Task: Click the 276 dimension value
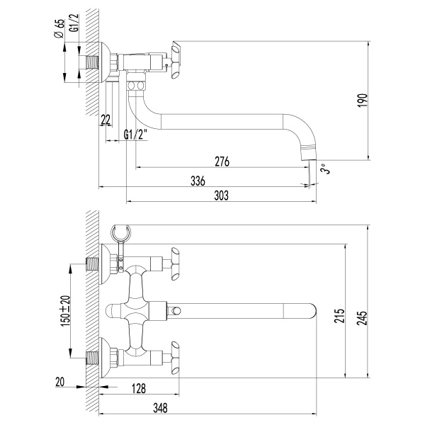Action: [x=222, y=161]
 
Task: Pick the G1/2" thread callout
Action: [x=135, y=135]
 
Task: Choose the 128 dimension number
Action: [x=138, y=388]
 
